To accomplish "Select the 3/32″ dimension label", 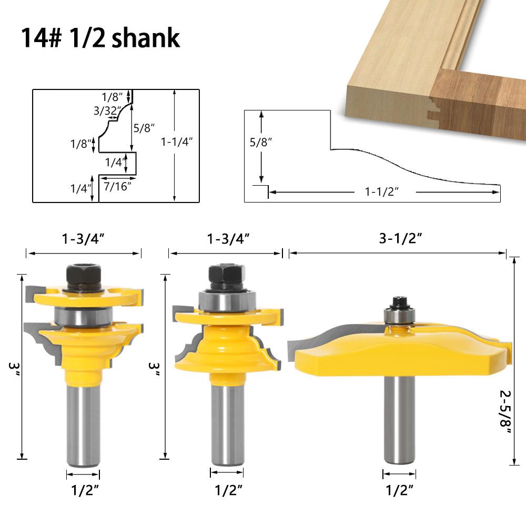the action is point(107,110).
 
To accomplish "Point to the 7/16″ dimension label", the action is point(117,186).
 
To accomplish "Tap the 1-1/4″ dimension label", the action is point(177,141).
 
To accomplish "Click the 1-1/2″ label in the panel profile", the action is point(382,191).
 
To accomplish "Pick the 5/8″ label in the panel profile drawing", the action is point(261,142).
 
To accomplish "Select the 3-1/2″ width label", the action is point(400,238).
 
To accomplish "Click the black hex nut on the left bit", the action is point(84,277).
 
